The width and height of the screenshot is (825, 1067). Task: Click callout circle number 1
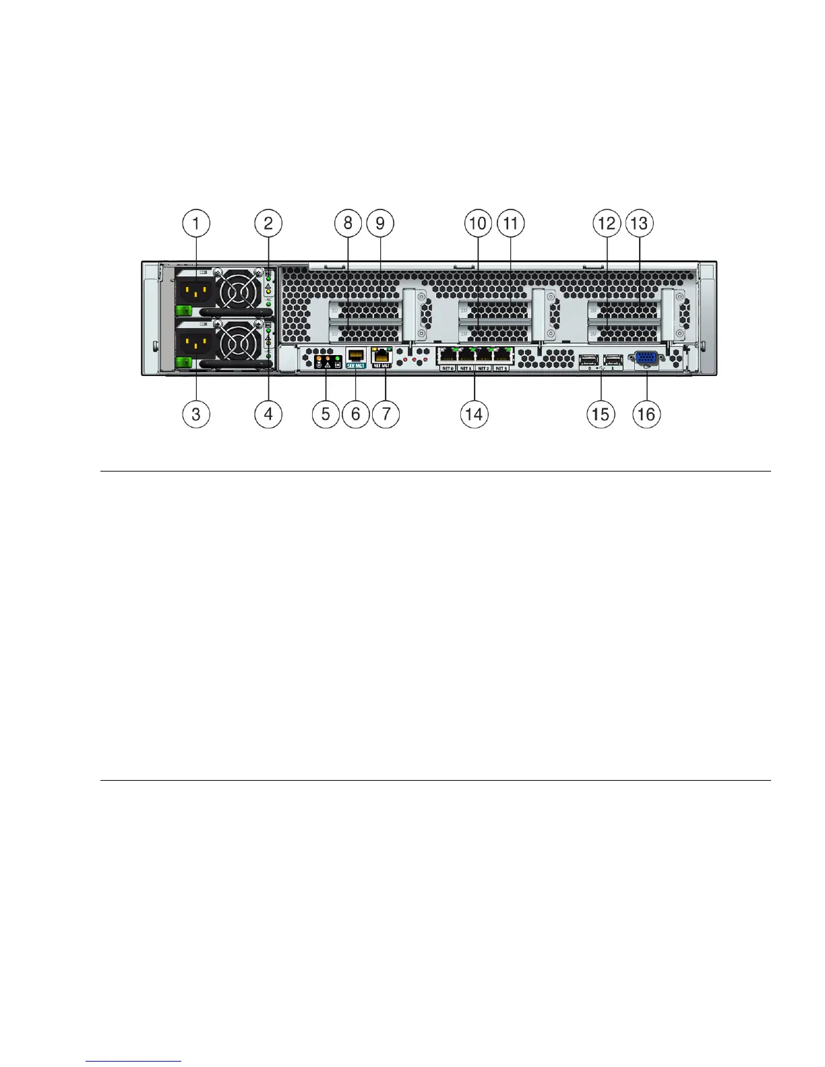tap(196, 223)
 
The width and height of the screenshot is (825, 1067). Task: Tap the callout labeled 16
tap(646, 414)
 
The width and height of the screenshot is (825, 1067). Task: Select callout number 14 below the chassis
tap(474, 414)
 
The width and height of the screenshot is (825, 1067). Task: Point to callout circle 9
tap(380, 223)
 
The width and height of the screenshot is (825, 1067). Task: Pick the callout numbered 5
tap(326, 414)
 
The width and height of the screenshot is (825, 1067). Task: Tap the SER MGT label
tap(355, 365)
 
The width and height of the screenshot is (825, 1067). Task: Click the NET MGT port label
tap(381, 365)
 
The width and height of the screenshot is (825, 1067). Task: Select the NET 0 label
tap(447, 368)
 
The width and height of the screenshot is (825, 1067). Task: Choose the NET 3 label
tap(501, 368)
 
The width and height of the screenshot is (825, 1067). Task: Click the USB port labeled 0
tap(588, 359)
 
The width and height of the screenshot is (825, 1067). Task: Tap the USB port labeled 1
tap(613, 359)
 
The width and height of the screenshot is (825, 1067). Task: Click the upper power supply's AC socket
tap(195, 291)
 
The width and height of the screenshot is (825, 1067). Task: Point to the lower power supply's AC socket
tap(195, 344)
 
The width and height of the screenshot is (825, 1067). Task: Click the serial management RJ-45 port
tap(355, 355)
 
